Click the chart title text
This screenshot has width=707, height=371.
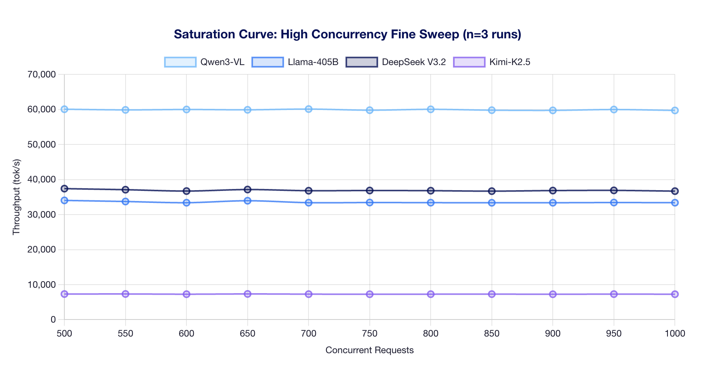347,34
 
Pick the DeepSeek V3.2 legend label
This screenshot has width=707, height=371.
414,62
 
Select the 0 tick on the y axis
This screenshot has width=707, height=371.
53,319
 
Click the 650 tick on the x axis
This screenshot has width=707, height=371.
248,333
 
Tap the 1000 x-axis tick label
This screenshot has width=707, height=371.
675,333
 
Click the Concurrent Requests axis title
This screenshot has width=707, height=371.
369,350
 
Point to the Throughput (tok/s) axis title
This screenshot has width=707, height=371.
16,197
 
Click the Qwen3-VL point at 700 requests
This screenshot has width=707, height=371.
309,109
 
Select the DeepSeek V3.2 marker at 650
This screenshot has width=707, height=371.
248,189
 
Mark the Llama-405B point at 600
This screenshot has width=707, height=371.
186,203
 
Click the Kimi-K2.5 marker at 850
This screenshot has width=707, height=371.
492,294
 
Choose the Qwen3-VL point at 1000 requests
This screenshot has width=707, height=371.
675,110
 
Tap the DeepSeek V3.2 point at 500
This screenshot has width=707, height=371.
64,189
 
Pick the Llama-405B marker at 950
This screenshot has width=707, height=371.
614,203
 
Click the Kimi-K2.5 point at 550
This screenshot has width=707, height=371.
126,294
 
